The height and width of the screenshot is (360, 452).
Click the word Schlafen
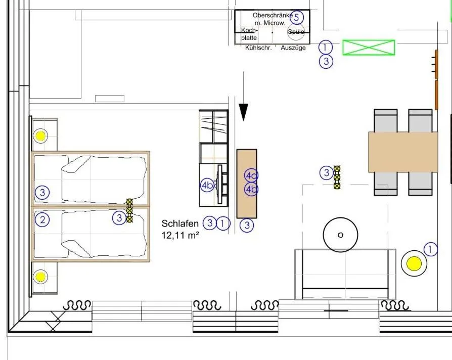click(x=180, y=223)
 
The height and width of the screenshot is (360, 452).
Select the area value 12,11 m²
click(x=180, y=235)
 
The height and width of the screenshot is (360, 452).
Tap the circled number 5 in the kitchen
click(x=297, y=17)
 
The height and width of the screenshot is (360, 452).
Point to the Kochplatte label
click(x=249, y=34)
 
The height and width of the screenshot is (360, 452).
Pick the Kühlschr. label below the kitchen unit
click(x=258, y=48)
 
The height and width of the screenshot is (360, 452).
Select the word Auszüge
click(x=293, y=48)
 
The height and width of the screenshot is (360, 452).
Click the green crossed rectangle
click(x=369, y=48)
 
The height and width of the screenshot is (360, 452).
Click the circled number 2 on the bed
click(x=42, y=219)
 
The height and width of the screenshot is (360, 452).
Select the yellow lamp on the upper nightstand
click(x=40, y=136)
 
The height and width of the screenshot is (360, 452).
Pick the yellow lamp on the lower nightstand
click(x=40, y=277)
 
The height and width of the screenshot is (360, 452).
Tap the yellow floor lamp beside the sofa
click(x=414, y=263)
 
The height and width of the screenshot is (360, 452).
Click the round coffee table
click(x=340, y=235)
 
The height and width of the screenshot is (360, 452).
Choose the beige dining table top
click(x=403, y=152)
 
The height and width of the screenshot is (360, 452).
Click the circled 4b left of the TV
click(x=207, y=185)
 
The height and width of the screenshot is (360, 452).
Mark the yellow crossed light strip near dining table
click(x=337, y=177)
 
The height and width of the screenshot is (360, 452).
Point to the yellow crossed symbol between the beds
click(x=129, y=210)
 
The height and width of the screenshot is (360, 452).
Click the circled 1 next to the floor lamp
click(x=430, y=249)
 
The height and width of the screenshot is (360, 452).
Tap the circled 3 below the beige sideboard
click(x=246, y=226)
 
